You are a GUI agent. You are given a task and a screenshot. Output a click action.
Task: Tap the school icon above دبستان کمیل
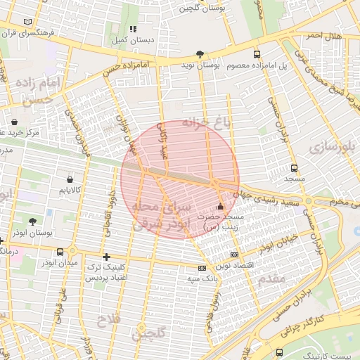click(x=132, y=29)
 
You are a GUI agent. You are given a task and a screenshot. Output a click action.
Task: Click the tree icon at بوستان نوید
click(x=200, y=53)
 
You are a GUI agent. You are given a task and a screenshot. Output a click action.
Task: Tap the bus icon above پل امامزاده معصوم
click(x=256, y=54)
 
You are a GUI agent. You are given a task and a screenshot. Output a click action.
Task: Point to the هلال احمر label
click(x=323, y=35)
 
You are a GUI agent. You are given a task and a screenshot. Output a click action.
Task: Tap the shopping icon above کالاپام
click(x=69, y=179)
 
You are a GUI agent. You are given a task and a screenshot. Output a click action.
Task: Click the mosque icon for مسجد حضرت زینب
click(x=221, y=207)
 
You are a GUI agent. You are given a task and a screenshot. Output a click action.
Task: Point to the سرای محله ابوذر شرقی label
click(x=162, y=214)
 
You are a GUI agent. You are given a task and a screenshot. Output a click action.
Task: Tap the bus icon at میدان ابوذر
click(x=72, y=251)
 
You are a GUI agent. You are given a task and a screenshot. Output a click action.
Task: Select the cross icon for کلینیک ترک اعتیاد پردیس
click(x=106, y=257)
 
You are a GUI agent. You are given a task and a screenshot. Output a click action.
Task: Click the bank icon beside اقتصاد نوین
click(x=234, y=255)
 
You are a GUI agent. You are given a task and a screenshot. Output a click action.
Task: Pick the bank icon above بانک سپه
click(x=202, y=268)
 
